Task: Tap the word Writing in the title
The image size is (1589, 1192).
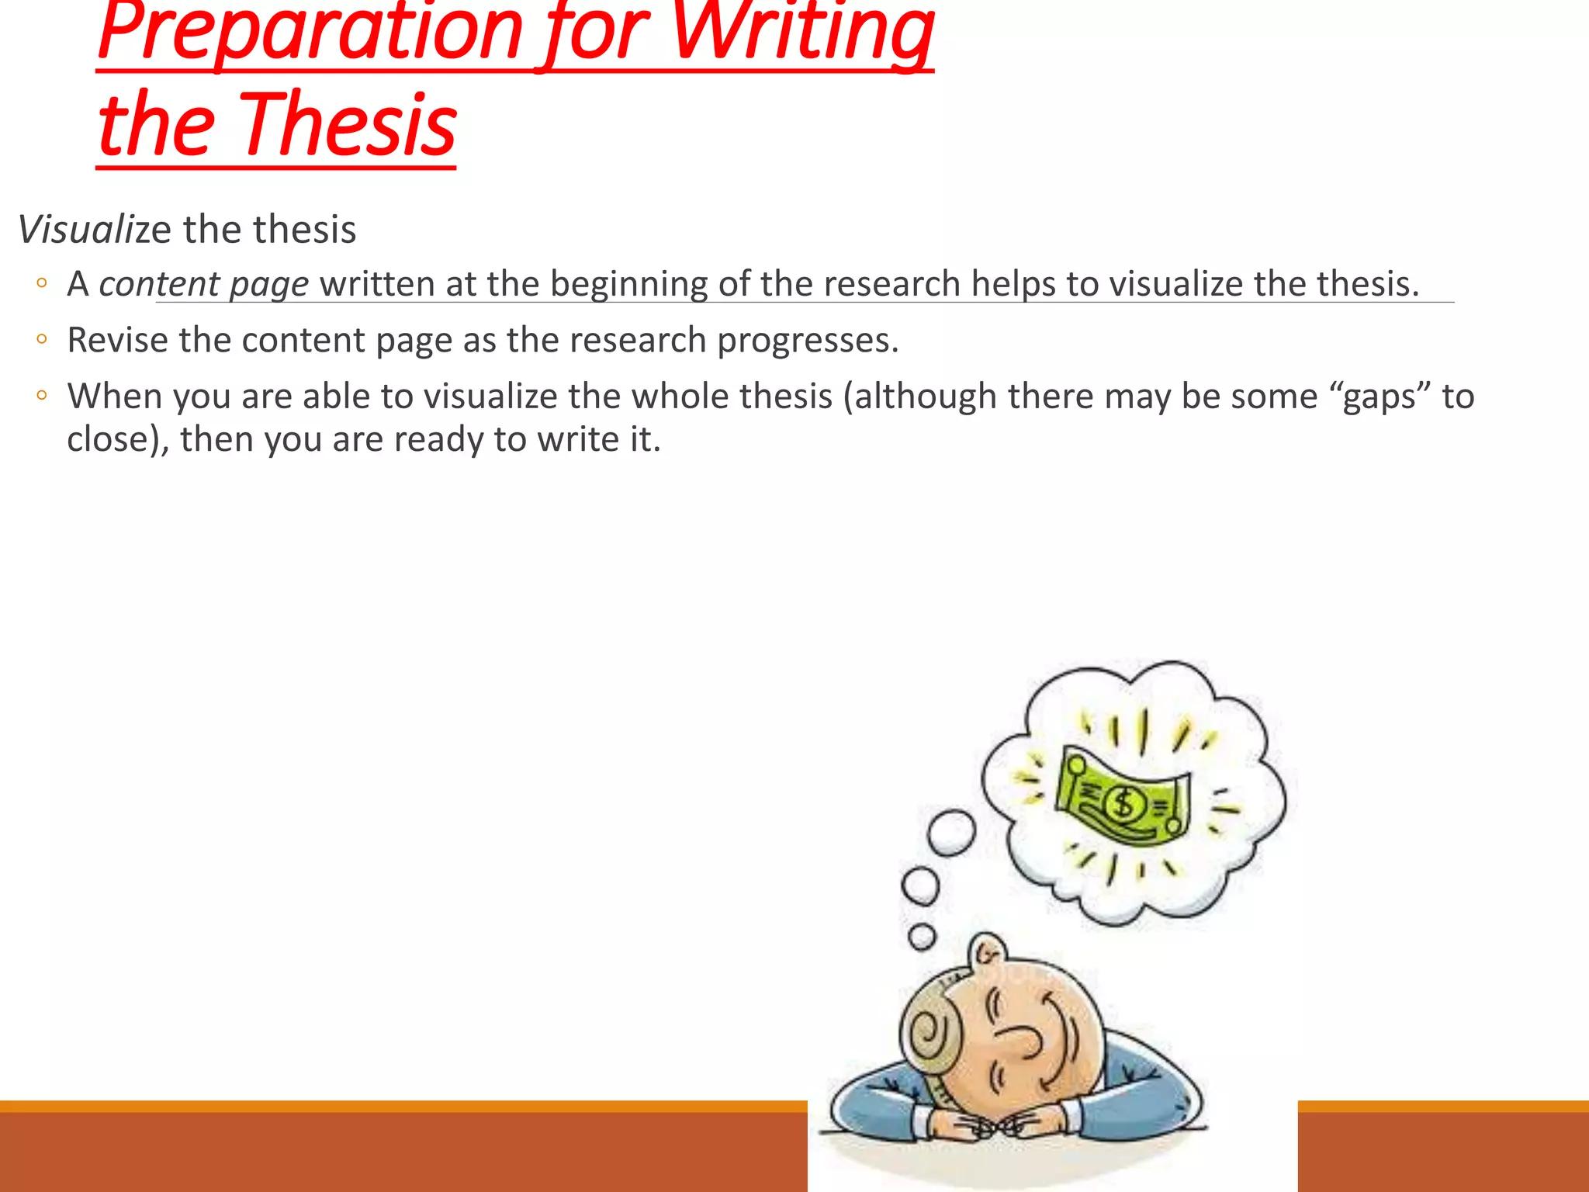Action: point(802,31)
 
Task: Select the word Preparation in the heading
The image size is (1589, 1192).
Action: point(310,31)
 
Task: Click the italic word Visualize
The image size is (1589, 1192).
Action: point(94,230)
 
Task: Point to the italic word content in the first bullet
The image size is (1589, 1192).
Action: point(159,284)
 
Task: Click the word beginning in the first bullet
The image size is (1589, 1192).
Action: point(628,284)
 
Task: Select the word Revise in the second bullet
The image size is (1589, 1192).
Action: point(117,341)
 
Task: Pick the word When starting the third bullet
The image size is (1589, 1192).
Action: point(114,397)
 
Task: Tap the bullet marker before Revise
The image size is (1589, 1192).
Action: point(42,339)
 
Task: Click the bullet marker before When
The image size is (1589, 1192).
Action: point(42,396)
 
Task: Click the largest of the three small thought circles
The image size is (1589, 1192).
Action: point(951,833)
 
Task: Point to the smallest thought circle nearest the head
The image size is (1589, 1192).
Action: point(922,937)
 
